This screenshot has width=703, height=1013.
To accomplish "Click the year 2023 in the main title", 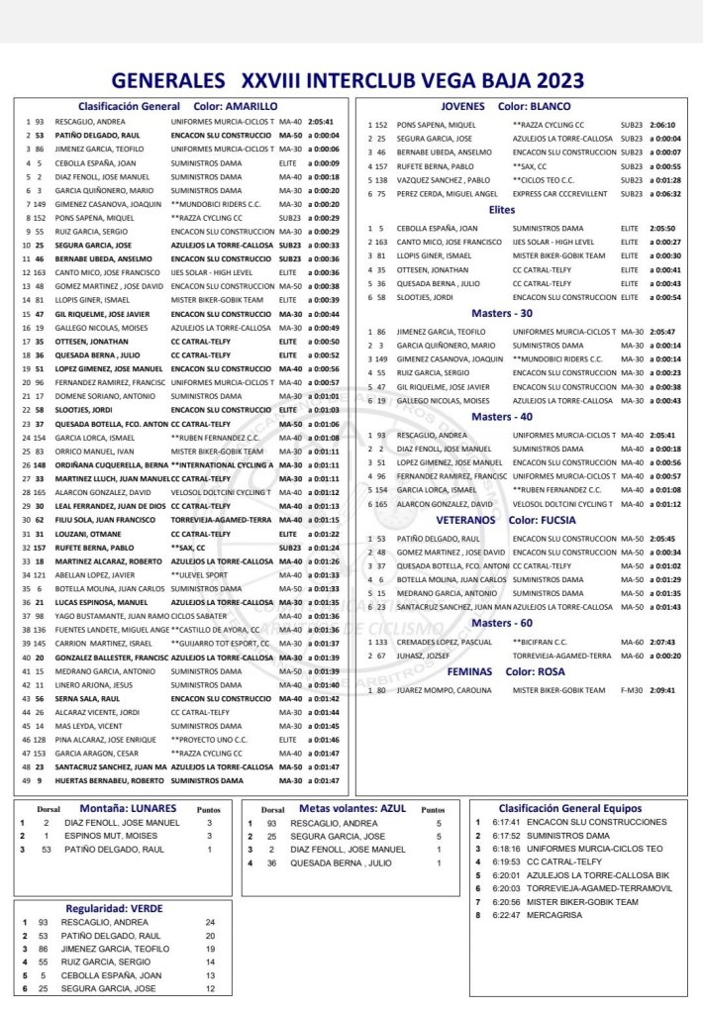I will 551,80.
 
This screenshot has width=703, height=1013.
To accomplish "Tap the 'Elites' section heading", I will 503,210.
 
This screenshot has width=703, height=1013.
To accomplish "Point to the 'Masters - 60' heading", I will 503,623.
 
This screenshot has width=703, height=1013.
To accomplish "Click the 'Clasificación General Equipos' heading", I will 569,808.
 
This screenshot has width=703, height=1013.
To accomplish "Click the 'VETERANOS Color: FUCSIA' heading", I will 504,519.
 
